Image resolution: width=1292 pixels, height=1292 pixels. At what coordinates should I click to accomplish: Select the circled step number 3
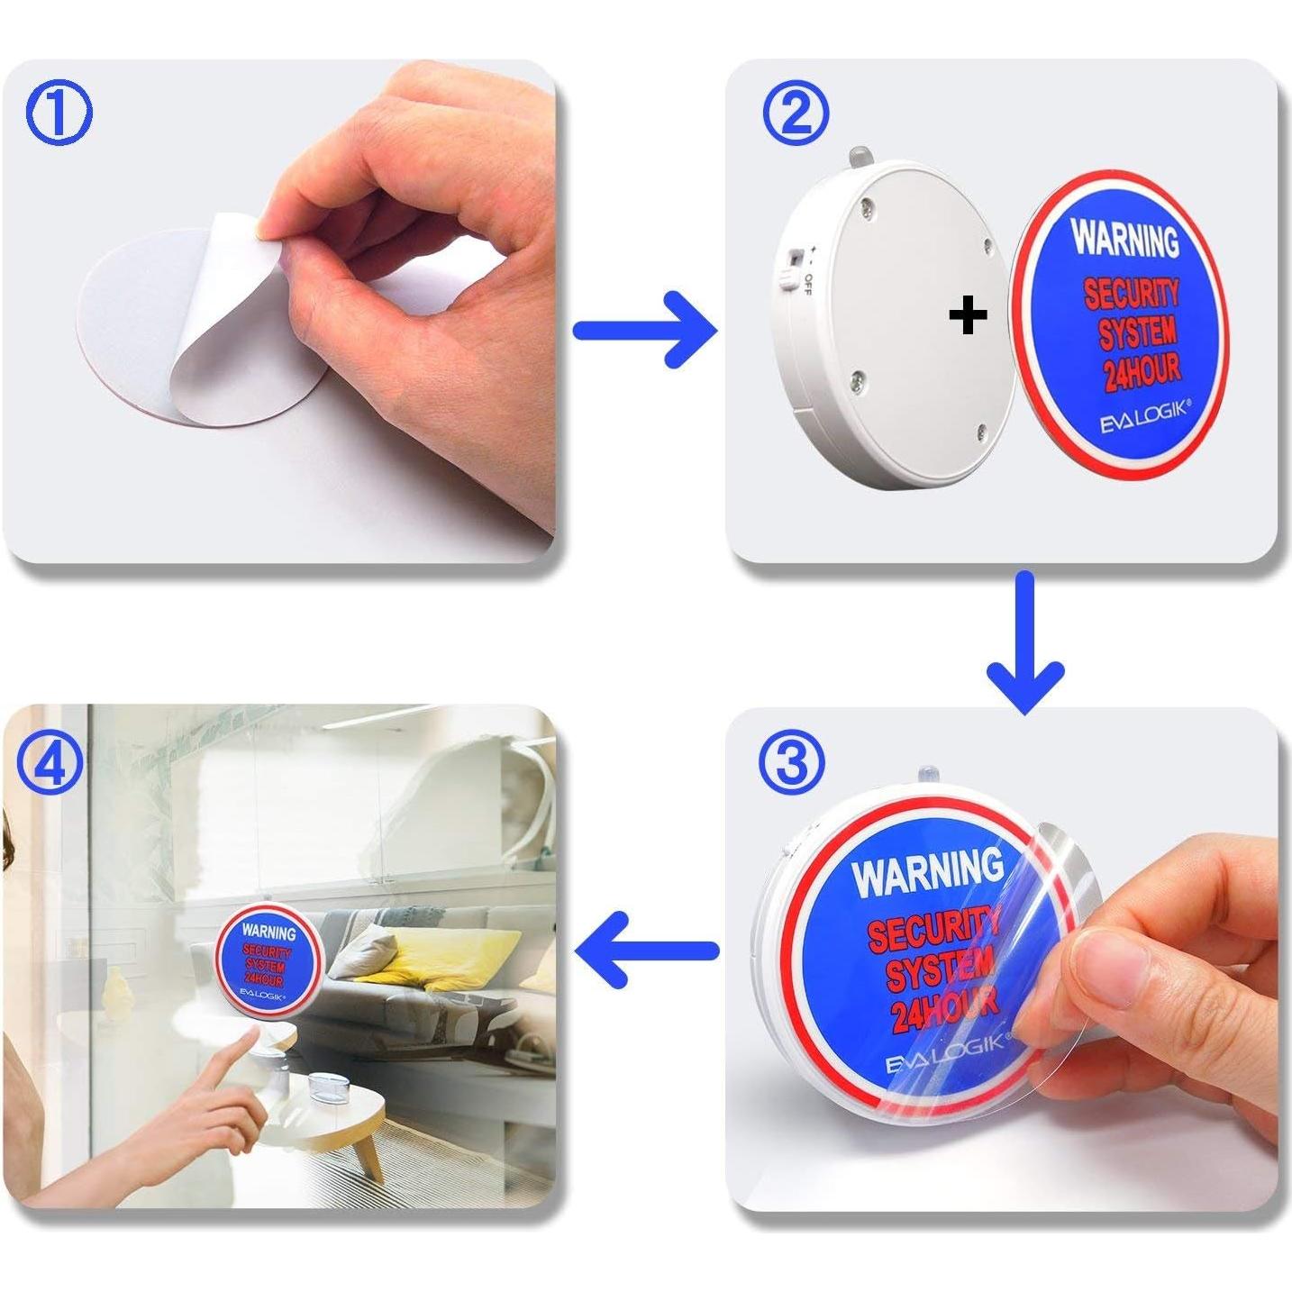[x=792, y=762]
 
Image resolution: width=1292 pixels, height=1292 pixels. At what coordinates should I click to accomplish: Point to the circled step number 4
[x=50, y=763]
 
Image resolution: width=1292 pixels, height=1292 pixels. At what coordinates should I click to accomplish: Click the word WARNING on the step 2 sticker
[x=1124, y=239]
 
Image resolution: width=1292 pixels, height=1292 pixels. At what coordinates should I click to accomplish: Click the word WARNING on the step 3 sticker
[x=928, y=871]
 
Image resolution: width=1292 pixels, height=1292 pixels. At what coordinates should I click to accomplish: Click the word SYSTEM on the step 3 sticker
[x=940, y=971]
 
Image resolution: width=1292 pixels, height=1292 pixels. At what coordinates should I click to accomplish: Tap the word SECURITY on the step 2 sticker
[x=1131, y=294]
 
